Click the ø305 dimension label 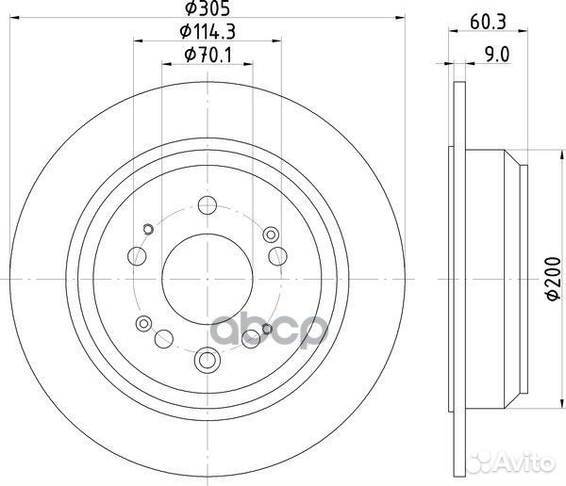pyautogui.click(x=206, y=10)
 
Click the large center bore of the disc pyautogui.click(x=206, y=280)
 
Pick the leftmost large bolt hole pyautogui.click(x=138, y=255)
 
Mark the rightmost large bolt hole pyautogui.click(x=276, y=255)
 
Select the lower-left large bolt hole pyautogui.click(x=162, y=335)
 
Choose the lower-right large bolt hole pyautogui.click(x=251, y=335)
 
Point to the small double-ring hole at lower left pyautogui.click(x=143, y=324)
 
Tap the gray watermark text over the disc pyautogui.click(x=283, y=330)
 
